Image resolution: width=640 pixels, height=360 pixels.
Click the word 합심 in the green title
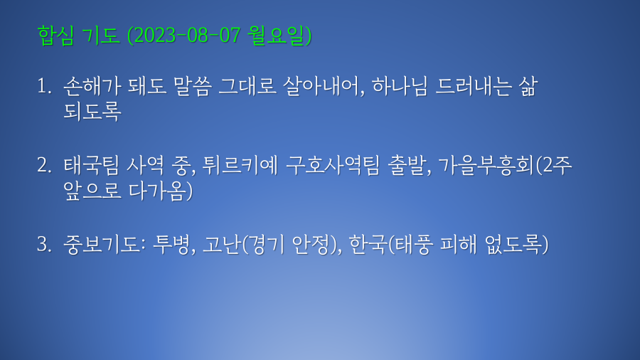(55, 35)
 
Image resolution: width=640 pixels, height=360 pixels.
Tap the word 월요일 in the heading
(277, 35)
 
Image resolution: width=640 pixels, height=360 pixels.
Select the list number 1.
(43, 87)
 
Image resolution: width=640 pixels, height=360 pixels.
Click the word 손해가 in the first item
(92, 87)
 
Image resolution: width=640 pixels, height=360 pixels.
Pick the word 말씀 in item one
(192, 87)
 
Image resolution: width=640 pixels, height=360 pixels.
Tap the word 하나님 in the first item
(400, 87)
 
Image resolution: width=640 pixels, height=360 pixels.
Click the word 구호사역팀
(333, 165)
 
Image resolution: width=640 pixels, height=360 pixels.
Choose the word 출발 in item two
(406, 165)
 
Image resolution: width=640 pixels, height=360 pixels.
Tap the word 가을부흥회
(486, 165)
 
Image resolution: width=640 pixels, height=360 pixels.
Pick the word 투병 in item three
(171, 244)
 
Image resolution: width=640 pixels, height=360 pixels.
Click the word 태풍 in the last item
(412, 244)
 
